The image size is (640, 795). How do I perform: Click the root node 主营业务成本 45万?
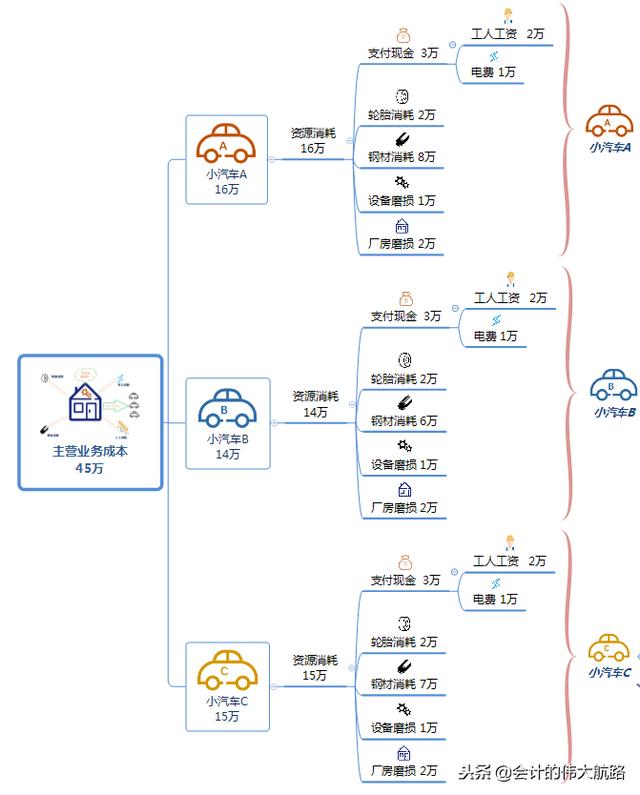90,422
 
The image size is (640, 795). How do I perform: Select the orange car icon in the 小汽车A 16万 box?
227,146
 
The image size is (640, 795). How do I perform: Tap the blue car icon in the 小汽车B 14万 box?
227,408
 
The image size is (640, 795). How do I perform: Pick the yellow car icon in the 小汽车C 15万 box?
227,671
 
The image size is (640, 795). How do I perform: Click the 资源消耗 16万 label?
313,140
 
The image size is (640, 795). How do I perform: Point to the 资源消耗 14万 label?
315,403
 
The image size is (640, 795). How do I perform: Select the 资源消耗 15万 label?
315,667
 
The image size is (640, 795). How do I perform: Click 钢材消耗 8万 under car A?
403,157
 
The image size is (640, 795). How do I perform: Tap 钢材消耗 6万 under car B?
403,421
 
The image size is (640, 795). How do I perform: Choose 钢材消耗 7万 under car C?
403,684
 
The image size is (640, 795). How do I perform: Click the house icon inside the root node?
84,404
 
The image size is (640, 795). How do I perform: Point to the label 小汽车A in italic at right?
609,147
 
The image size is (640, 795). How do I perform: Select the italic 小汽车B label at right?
614,411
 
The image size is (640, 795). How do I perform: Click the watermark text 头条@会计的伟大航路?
542,772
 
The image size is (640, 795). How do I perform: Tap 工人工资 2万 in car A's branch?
508,34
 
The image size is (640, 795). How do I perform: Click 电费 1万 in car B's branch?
495,336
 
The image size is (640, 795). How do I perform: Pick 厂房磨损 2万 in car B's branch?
403,507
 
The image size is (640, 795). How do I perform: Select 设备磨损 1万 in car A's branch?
403,200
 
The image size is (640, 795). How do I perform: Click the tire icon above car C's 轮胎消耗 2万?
404,623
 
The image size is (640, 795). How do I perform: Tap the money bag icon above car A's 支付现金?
403,35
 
